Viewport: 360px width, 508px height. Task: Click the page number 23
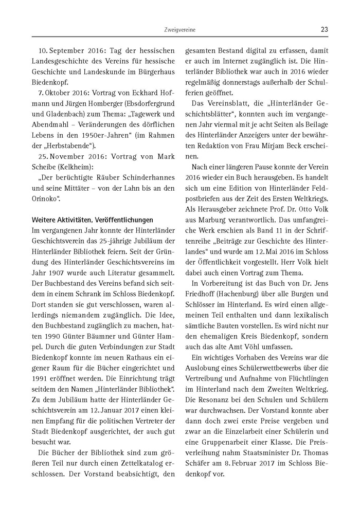click(324, 29)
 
